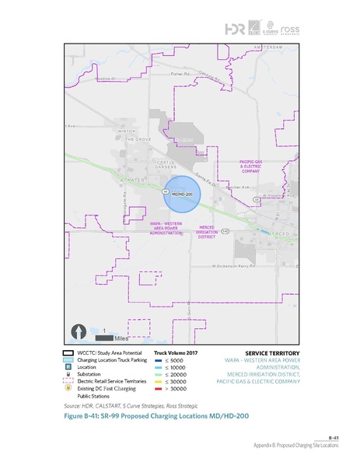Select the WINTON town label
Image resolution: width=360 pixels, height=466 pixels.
click(127, 131)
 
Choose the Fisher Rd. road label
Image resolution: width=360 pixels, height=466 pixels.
click(179, 74)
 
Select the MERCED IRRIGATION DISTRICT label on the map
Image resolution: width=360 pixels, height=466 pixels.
click(202, 232)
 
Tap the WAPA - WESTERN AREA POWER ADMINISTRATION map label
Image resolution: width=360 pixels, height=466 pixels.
click(166, 228)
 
